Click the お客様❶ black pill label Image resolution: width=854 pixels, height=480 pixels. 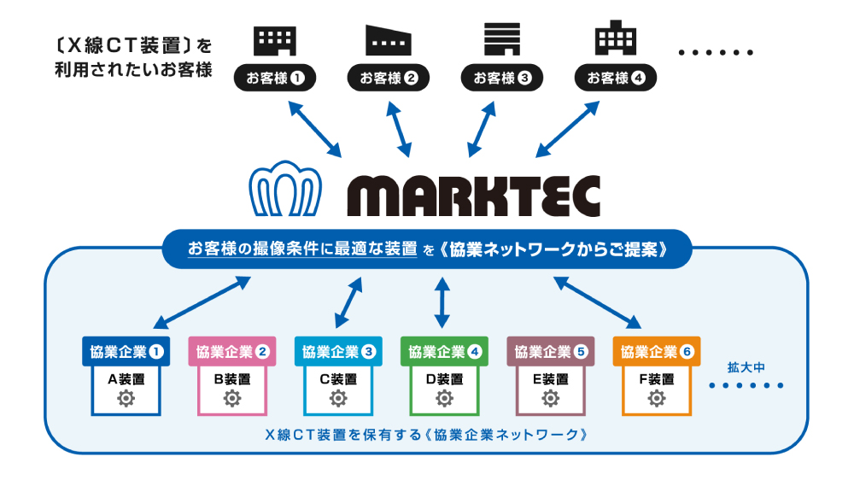tap(275, 79)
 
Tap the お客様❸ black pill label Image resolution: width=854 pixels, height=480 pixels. tap(502, 79)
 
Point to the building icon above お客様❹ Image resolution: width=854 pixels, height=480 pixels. tap(615, 39)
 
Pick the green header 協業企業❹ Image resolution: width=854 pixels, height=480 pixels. tap(444, 351)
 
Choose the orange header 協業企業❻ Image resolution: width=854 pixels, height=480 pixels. tap(657, 351)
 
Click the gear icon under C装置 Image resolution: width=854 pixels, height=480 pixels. tap(338, 398)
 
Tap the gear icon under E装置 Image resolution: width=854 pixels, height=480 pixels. tap(550, 398)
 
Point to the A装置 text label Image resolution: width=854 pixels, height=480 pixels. tap(126, 378)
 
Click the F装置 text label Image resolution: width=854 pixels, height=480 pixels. tap(657, 378)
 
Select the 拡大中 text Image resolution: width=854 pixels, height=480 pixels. tap(744, 367)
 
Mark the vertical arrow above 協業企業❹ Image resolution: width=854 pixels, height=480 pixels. tap(442, 301)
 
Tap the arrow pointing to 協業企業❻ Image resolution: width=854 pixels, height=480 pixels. tap(598, 301)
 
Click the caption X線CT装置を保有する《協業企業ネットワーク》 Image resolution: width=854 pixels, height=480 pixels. tap(426, 433)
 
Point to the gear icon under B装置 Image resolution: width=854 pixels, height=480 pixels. tap(232, 398)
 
